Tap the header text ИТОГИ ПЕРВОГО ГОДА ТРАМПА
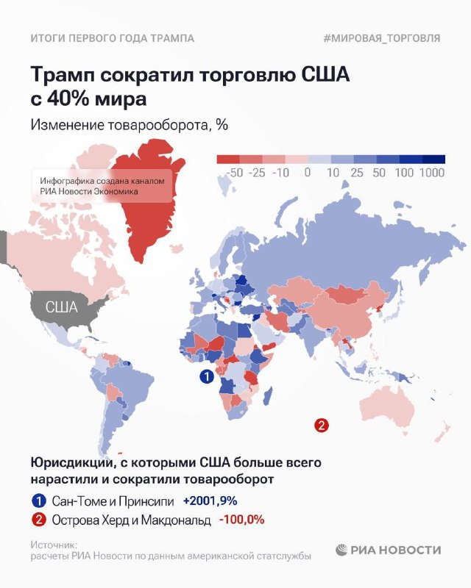tap(112, 38)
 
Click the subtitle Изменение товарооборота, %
tap(129, 125)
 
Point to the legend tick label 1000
tap(432, 173)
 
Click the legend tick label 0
tap(307, 173)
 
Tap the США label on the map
tap(62, 306)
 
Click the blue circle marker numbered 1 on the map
tap(207, 377)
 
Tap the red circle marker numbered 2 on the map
tap(321, 424)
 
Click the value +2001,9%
tap(210, 501)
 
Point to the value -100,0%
tap(241, 520)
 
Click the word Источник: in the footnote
tap(54, 545)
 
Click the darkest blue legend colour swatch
tap(435, 159)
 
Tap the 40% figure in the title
tap(68, 98)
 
